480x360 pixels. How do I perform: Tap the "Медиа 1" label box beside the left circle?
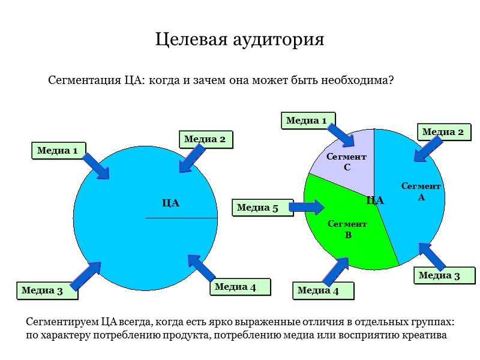point(58,151)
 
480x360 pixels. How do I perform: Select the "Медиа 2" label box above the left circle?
point(205,139)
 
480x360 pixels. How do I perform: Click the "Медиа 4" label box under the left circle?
point(235,287)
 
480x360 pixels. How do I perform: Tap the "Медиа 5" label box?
point(257,208)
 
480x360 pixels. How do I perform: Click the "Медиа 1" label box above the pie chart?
point(306,121)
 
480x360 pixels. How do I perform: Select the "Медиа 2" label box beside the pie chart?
point(443,132)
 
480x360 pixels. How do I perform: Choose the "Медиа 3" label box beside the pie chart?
point(439,275)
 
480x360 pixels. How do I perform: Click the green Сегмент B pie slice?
point(342,240)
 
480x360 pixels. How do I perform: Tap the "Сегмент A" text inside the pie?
point(421,191)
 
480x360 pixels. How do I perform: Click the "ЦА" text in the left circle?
point(171,203)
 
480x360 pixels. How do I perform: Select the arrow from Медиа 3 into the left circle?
point(86,277)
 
